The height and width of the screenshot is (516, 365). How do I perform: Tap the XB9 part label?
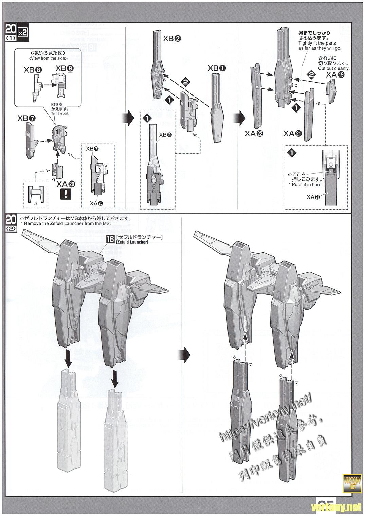click(x=64, y=68)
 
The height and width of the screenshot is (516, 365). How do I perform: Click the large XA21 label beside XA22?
click(x=292, y=134)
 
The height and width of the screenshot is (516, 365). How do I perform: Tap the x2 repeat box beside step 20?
click(x=22, y=31)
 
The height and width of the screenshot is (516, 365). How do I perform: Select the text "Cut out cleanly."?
click(x=334, y=68)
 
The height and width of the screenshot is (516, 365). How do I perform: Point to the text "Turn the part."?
click(x=60, y=114)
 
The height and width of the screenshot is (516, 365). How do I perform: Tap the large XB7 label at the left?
click(x=26, y=119)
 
